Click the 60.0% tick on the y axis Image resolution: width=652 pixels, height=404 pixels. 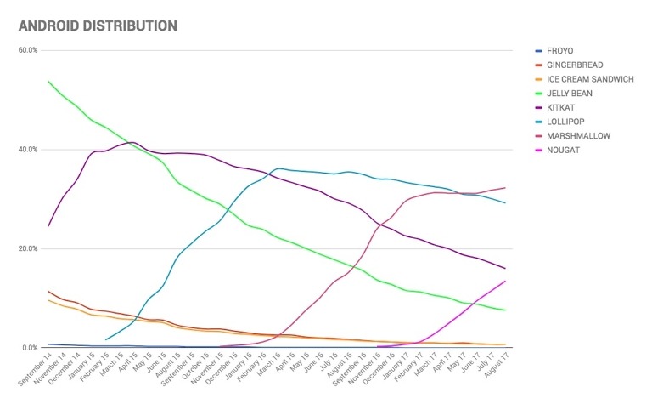[28, 50]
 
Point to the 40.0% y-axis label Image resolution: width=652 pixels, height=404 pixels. [28, 150]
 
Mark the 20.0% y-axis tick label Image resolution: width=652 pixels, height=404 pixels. [28, 249]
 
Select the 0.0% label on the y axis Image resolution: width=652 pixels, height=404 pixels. [30, 348]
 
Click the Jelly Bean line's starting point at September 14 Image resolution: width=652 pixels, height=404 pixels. [48, 82]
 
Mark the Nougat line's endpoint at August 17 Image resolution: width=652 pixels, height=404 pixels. [506, 281]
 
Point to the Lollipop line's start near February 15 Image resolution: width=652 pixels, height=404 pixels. [106, 340]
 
